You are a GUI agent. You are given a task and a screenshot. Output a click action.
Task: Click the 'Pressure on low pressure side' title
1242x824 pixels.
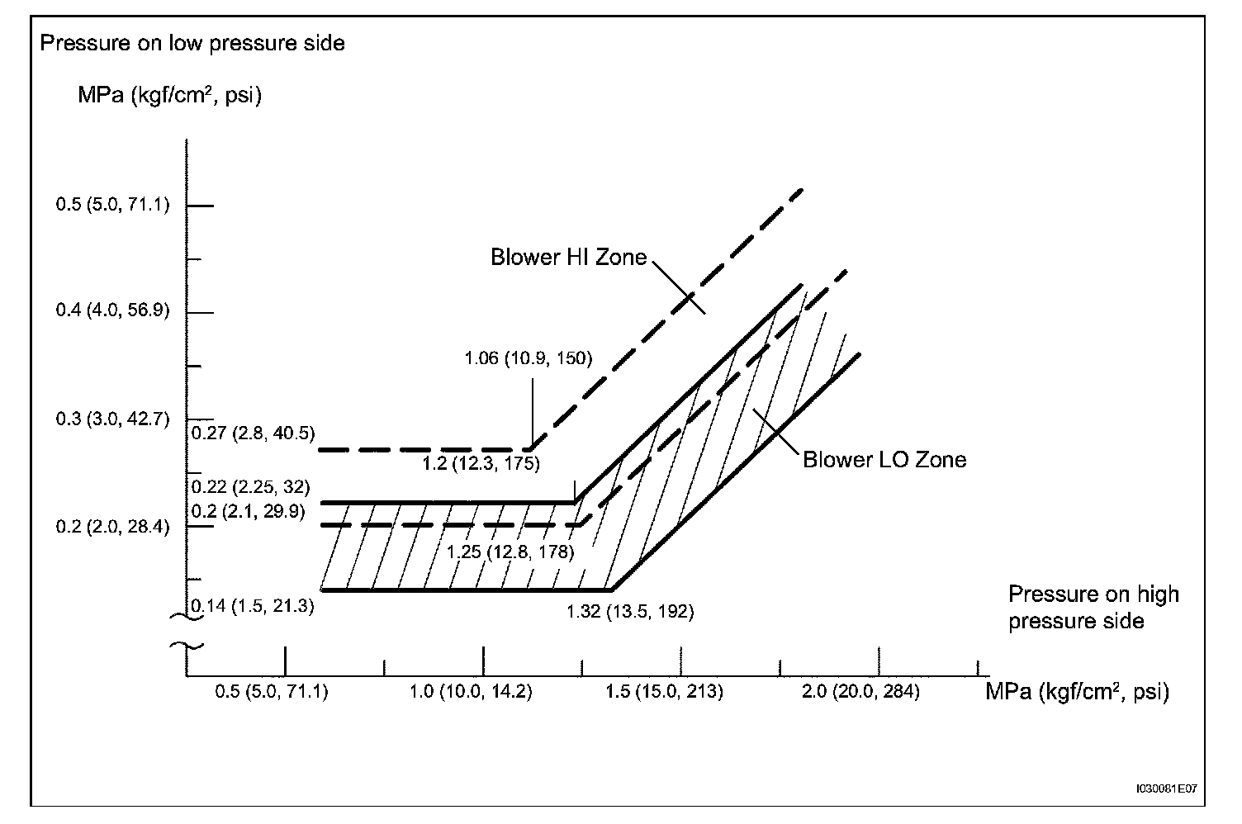pos(192,43)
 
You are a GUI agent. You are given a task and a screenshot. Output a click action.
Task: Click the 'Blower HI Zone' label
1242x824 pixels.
pos(568,258)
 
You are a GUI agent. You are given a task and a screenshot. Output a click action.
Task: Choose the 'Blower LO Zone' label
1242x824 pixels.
pos(884,460)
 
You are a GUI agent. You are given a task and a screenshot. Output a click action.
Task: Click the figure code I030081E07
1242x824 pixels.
pos(1165,788)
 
